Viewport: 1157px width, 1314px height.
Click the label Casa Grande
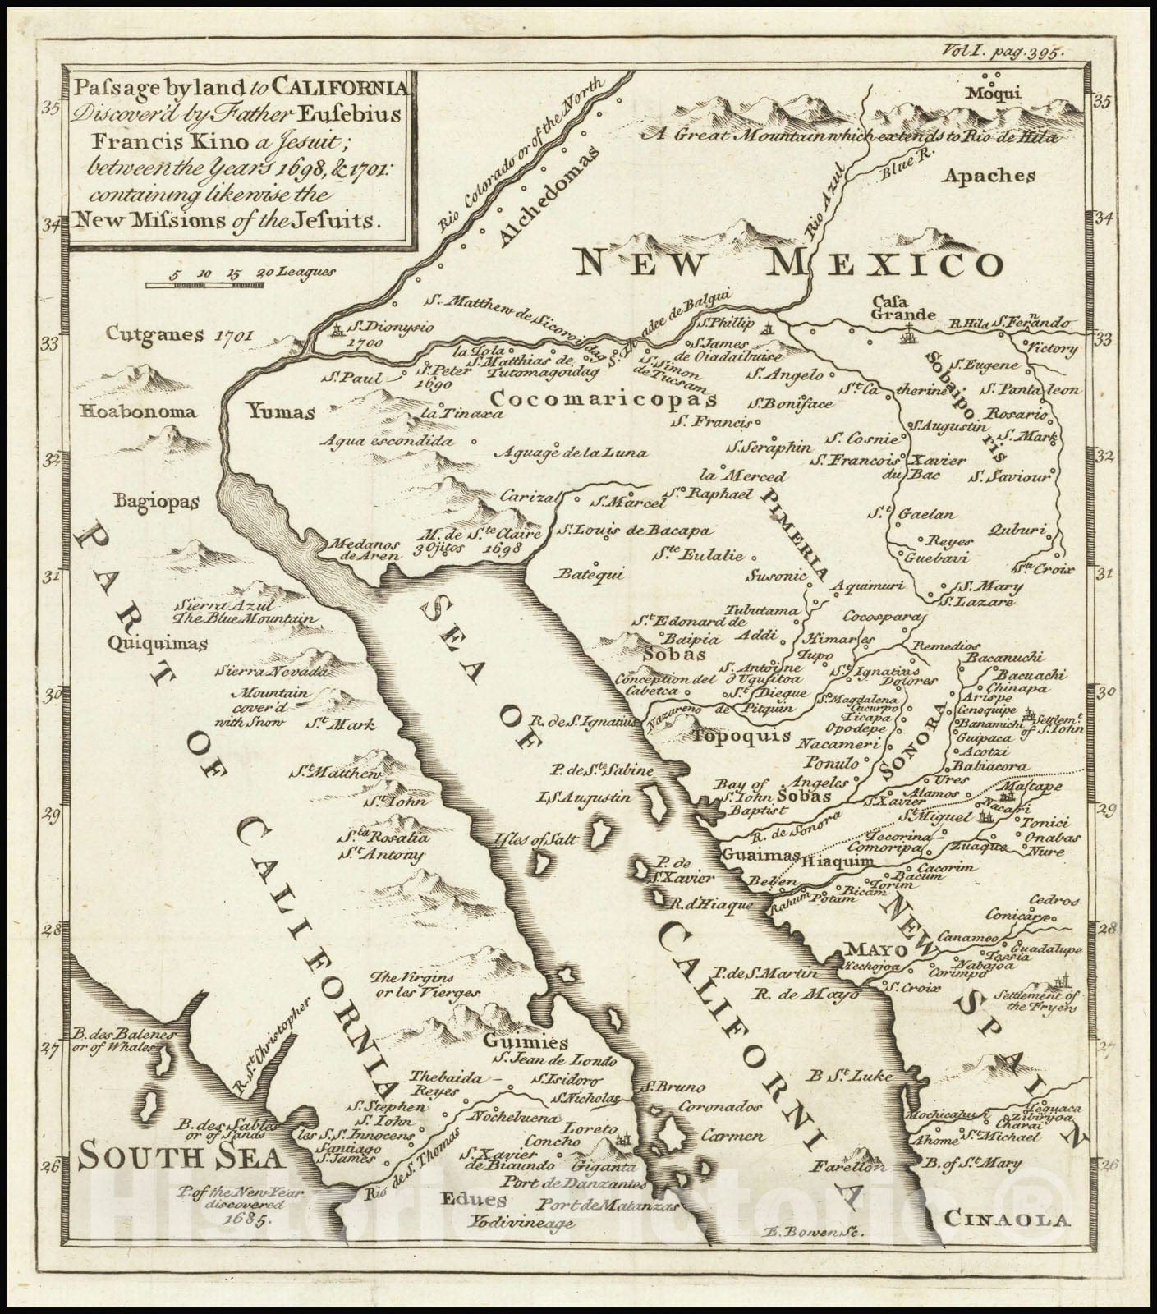(904, 307)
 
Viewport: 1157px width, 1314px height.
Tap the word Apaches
(988, 175)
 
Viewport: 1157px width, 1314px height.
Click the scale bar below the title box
(205, 285)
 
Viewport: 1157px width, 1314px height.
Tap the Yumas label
(282, 412)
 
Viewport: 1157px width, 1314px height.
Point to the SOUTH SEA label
(181, 1158)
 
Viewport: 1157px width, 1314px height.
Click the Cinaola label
(1007, 1220)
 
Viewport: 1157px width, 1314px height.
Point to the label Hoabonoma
(138, 411)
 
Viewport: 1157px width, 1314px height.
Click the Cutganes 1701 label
(180, 334)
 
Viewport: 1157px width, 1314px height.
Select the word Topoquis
(741, 736)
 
